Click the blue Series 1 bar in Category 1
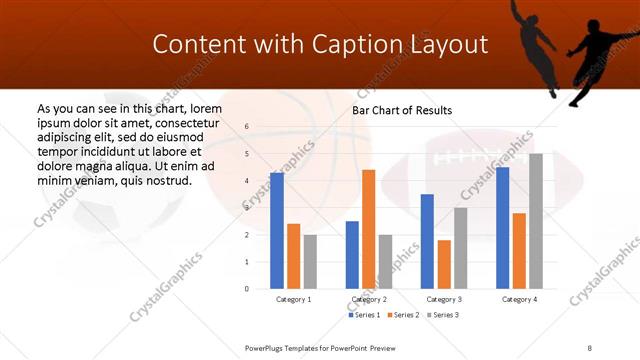coord(277,231)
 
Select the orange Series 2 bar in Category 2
coord(368,229)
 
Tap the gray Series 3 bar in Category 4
coord(536,221)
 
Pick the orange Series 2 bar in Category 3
coord(444,264)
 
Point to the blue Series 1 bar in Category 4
coord(502,228)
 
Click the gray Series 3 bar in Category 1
coord(310,262)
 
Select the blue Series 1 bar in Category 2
coord(352,255)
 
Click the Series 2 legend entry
coord(402,315)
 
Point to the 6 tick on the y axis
coord(247,127)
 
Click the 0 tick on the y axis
coord(247,289)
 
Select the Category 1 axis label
coord(293,299)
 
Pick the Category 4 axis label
coord(519,299)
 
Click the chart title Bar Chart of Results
coord(402,110)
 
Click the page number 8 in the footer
coord(589,348)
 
